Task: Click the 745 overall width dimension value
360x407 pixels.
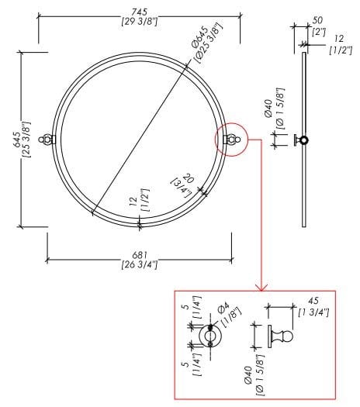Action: [x=139, y=9]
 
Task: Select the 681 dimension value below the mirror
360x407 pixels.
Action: [x=140, y=255]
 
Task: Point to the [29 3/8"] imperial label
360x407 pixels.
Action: [x=140, y=19]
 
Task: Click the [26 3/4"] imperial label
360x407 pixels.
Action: [x=140, y=265]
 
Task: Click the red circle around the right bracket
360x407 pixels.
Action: [x=231, y=139]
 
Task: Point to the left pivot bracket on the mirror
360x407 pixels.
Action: [x=49, y=140]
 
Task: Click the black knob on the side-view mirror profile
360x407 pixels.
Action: [x=303, y=140]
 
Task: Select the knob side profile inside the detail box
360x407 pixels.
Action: [x=279, y=338]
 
